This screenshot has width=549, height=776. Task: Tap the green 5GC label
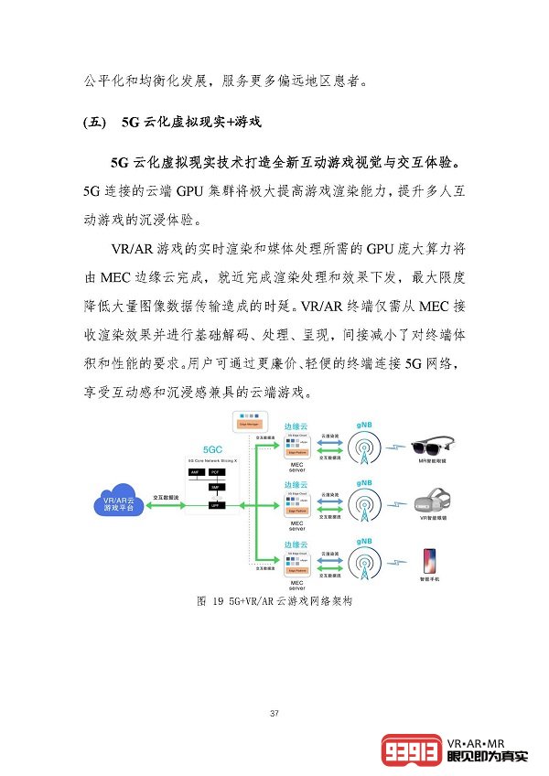point(212,449)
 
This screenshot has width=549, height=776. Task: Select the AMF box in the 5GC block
point(195,472)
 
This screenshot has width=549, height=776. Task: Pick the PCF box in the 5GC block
point(216,472)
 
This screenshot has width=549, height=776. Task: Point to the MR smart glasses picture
point(431,448)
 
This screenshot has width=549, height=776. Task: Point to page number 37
point(274,713)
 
